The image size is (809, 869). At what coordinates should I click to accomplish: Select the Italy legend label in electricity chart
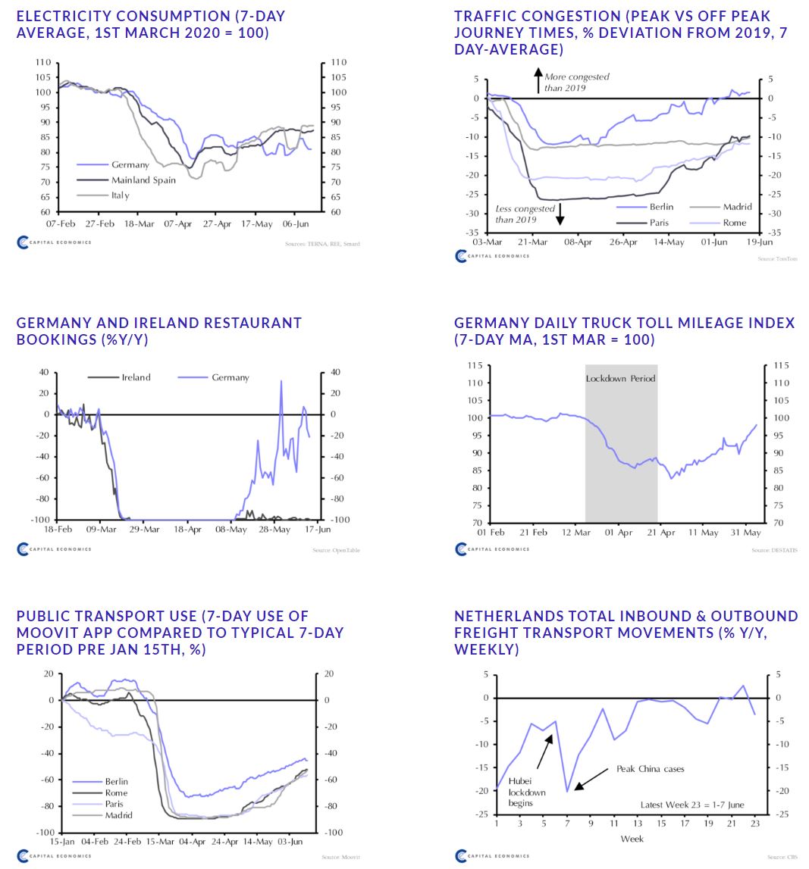[x=121, y=195]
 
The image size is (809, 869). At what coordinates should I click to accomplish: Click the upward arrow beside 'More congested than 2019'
[x=538, y=80]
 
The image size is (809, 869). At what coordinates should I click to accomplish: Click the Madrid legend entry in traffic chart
[x=737, y=207]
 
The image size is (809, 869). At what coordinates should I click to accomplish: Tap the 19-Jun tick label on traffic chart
[x=760, y=242]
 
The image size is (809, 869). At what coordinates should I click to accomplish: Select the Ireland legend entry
[x=136, y=377]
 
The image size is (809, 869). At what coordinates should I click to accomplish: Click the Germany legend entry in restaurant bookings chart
[x=230, y=377]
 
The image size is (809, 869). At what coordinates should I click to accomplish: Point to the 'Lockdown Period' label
[x=620, y=378]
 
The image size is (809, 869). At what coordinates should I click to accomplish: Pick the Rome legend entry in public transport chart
[x=116, y=792]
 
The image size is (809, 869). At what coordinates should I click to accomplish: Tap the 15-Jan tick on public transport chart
[x=62, y=841]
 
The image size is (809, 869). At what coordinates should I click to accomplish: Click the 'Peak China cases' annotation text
[x=650, y=768]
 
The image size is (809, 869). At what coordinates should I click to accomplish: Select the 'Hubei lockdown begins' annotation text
[x=521, y=792]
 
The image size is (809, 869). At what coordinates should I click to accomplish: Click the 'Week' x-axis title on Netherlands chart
[x=632, y=839]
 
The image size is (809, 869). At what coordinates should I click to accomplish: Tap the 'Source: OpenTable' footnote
[x=336, y=550]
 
